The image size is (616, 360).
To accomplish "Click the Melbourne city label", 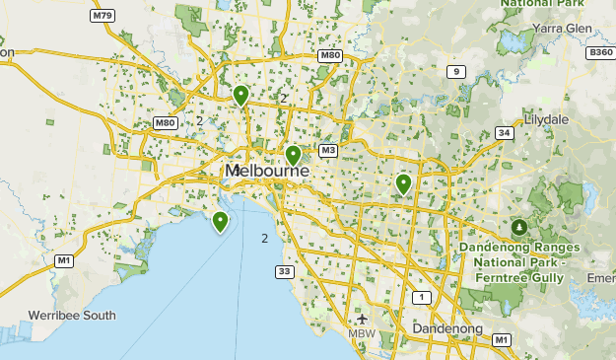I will (x=266, y=172).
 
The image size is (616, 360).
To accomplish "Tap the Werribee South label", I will (x=72, y=316).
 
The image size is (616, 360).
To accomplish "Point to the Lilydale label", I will (x=547, y=119).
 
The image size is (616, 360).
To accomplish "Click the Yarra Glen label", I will (x=560, y=30).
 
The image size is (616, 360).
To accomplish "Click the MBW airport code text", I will (x=363, y=333).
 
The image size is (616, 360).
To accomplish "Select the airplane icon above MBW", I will (x=362, y=319).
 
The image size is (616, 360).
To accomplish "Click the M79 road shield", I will (x=101, y=17).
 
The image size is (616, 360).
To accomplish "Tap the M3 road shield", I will (x=328, y=151).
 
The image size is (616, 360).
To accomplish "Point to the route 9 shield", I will (x=455, y=71).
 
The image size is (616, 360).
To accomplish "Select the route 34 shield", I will (x=505, y=132).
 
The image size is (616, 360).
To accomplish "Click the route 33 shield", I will (x=284, y=271).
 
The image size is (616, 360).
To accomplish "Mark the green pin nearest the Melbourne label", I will (x=293, y=156).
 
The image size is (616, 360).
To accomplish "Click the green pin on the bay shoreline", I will (x=220, y=222).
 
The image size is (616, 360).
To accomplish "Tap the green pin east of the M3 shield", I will (x=403, y=183).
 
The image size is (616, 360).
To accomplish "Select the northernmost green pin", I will (x=240, y=95).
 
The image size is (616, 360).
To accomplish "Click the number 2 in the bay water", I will (x=265, y=239).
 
